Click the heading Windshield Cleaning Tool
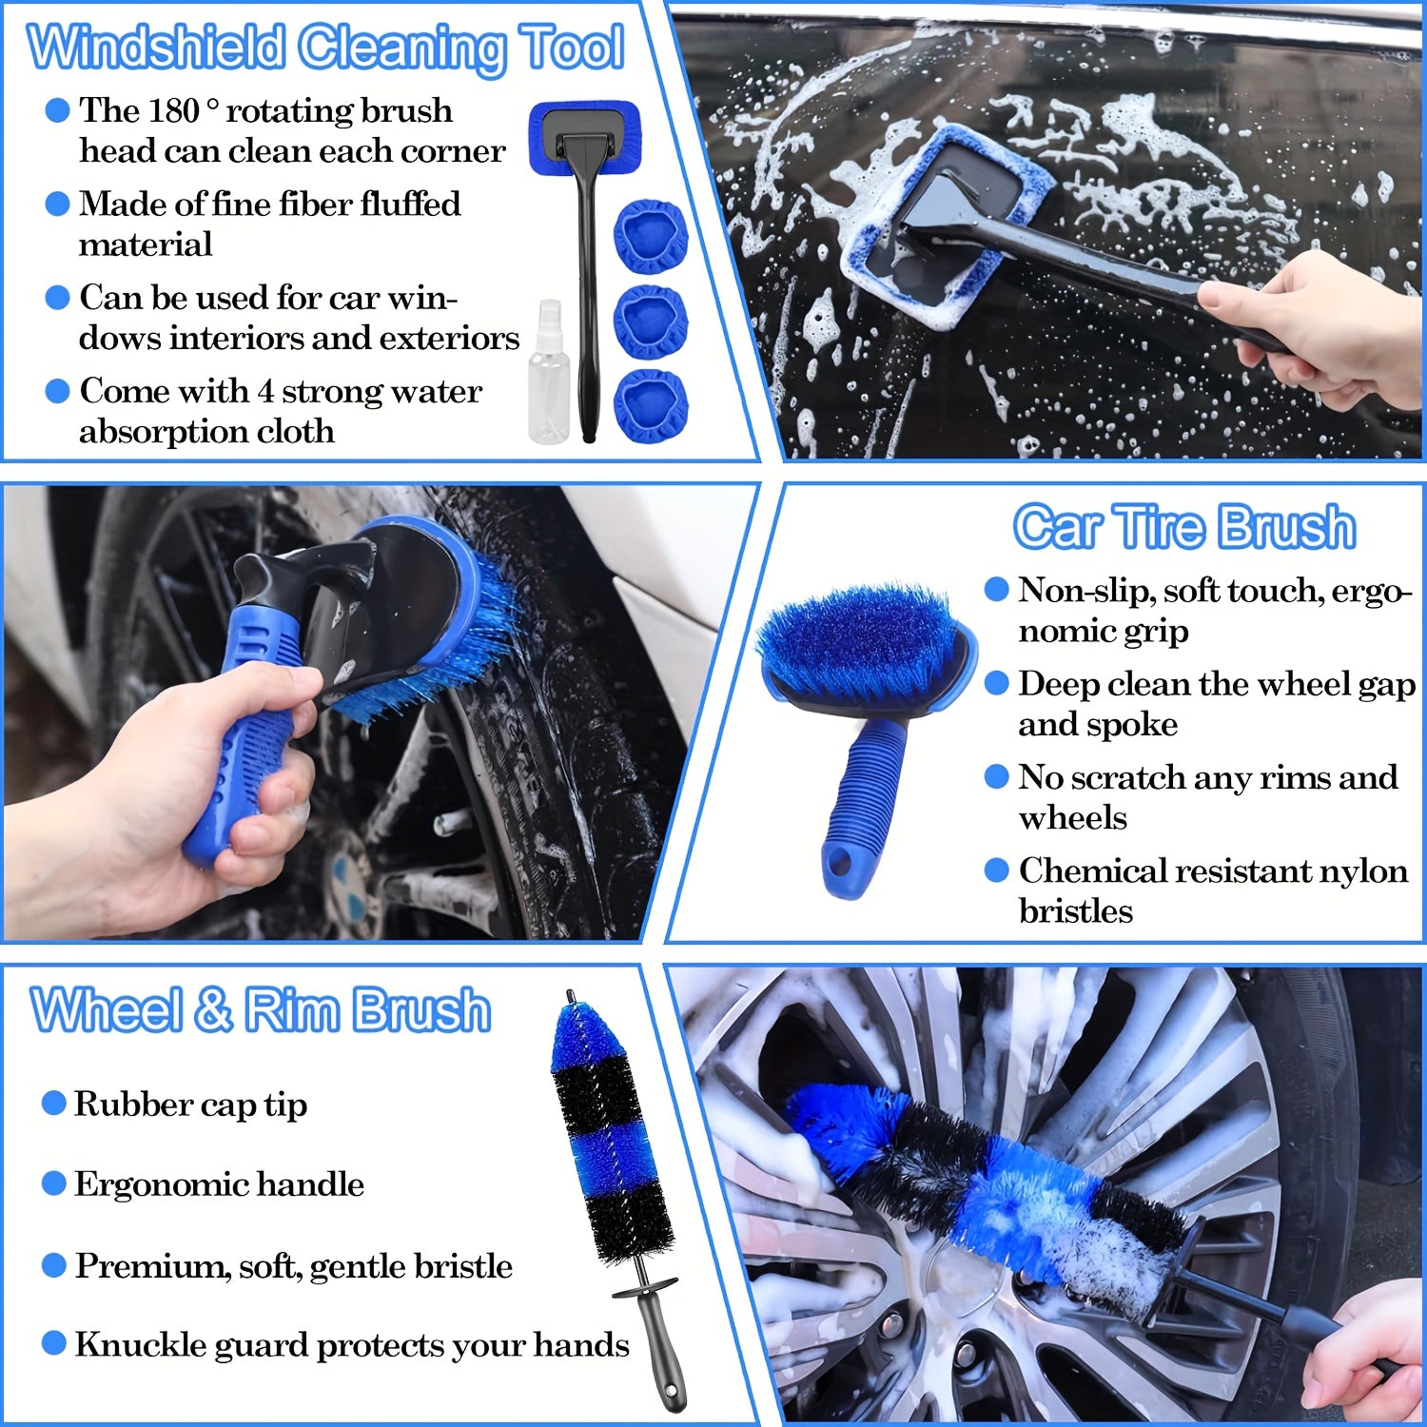click(325, 48)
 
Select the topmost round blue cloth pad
click(650, 237)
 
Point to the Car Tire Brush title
click(1183, 527)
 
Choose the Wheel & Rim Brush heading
click(261, 1009)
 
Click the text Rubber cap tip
click(190, 1104)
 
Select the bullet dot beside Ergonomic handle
click(54, 1184)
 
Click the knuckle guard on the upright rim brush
click(645, 1290)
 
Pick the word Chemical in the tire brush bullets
click(1085, 870)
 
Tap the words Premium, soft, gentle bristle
click(293, 1266)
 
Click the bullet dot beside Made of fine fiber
click(58, 204)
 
